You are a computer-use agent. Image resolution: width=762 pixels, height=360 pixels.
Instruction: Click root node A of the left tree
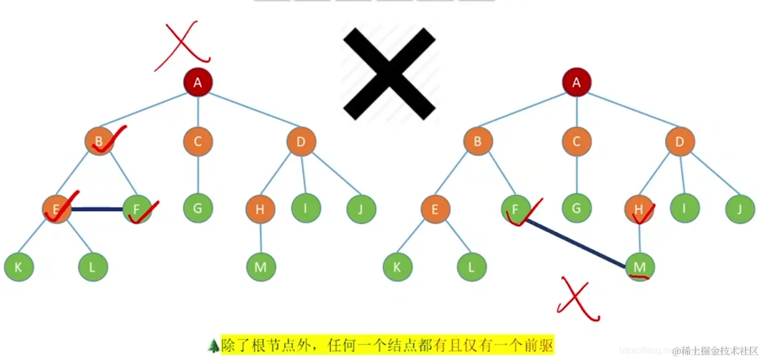(198, 82)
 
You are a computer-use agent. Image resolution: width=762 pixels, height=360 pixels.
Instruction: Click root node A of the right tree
(577, 82)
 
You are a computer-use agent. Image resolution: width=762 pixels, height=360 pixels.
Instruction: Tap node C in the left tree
(198, 142)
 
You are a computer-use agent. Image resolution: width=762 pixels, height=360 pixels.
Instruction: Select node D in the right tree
(680, 142)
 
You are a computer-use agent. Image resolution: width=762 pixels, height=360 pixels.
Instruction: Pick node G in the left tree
(198, 208)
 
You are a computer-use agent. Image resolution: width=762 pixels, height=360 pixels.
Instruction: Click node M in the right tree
(640, 266)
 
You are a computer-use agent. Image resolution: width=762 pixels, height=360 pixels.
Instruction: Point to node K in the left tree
(19, 266)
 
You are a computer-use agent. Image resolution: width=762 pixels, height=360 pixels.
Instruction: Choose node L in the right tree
(472, 266)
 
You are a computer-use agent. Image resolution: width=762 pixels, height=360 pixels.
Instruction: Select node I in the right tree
(685, 208)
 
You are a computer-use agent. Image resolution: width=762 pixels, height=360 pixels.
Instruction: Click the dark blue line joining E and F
(97, 209)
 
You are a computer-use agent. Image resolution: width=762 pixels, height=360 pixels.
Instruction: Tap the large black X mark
(389, 73)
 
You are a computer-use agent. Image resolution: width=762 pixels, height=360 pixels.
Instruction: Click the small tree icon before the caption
(213, 345)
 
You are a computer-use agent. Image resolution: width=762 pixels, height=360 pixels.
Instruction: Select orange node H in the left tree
(260, 209)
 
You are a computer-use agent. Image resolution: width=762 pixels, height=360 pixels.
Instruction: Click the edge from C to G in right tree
(577, 175)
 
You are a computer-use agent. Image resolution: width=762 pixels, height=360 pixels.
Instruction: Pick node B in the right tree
(478, 142)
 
